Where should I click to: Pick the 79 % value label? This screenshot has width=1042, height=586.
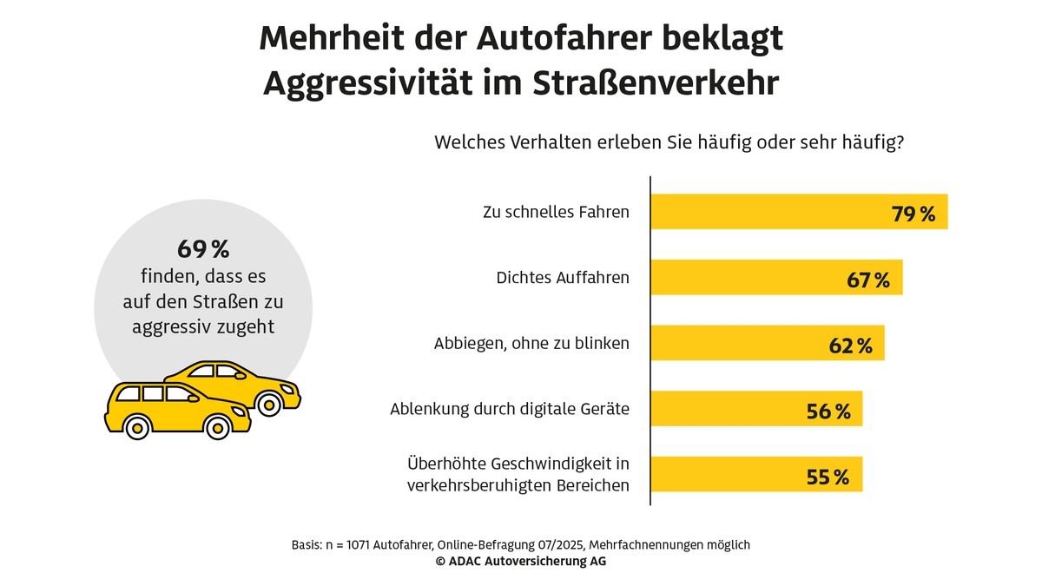tap(913, 214)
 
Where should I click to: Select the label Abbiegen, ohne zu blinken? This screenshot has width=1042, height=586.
tap(531, 344)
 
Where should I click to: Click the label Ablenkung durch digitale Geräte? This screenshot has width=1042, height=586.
tap(510, 409)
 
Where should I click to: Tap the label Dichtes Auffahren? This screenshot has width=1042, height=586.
tap(563, 278)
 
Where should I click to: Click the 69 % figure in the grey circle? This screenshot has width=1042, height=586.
tap(203, 250)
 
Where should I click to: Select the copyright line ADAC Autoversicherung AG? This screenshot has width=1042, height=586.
tap(521, 562)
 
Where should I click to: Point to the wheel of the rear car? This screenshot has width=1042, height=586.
tap(270, 402)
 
